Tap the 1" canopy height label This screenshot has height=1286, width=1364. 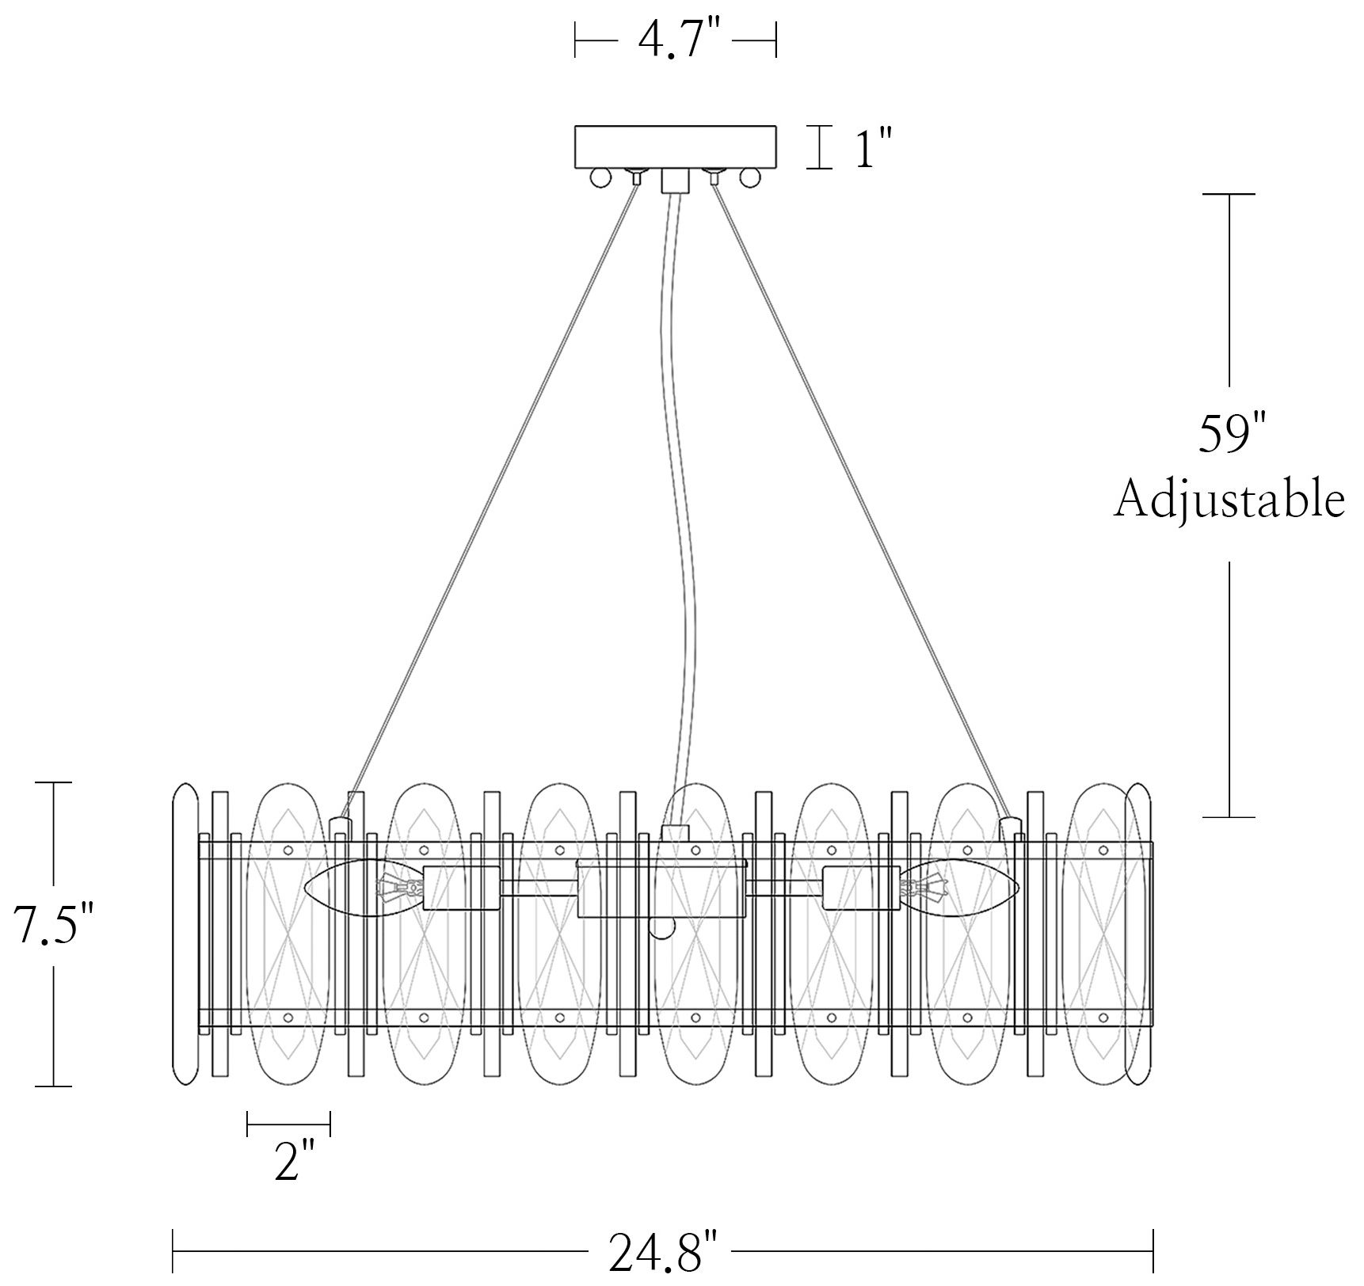point(874,147)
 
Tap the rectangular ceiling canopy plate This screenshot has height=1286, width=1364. point(675,146)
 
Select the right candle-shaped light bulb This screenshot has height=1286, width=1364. point(959,888)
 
